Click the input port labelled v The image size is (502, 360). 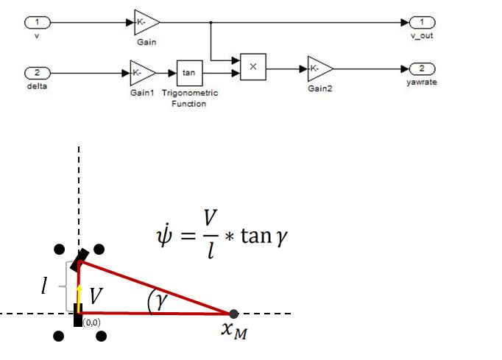36,22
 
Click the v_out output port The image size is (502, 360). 422,22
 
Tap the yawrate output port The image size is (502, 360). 422,68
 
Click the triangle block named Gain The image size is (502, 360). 146,22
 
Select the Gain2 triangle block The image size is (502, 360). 319,68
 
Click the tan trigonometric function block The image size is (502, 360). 188,73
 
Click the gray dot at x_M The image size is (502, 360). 234,314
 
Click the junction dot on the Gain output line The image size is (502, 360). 212,22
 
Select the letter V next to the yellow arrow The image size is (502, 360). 96,296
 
